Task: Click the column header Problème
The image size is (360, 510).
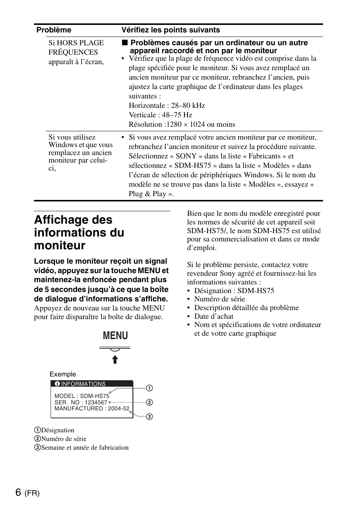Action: [54, 30]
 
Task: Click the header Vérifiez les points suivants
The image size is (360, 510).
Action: [171, 30]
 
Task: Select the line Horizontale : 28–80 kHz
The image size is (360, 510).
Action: [167, 106]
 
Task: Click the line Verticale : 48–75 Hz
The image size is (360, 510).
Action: [160, 115]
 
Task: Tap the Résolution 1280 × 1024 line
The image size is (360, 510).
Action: [182, 124]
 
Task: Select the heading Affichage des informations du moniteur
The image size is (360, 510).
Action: [79, 232]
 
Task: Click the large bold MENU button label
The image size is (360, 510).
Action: [115, 335]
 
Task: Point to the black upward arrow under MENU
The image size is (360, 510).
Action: [115, 359]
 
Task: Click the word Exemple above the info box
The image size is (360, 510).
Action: [63, 374]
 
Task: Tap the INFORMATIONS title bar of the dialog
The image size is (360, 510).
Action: [92, 384]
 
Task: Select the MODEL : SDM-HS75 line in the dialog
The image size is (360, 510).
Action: [82, 396]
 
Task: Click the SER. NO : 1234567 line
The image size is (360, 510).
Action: [81, 402]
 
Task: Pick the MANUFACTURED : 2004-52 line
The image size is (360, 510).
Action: [92, 409]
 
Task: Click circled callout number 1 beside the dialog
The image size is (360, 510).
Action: [149, 388]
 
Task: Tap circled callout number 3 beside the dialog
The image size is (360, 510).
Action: [149, 417]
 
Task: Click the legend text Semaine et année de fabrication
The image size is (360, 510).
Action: [85, 448]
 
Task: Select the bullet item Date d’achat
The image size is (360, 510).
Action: [214, 316]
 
